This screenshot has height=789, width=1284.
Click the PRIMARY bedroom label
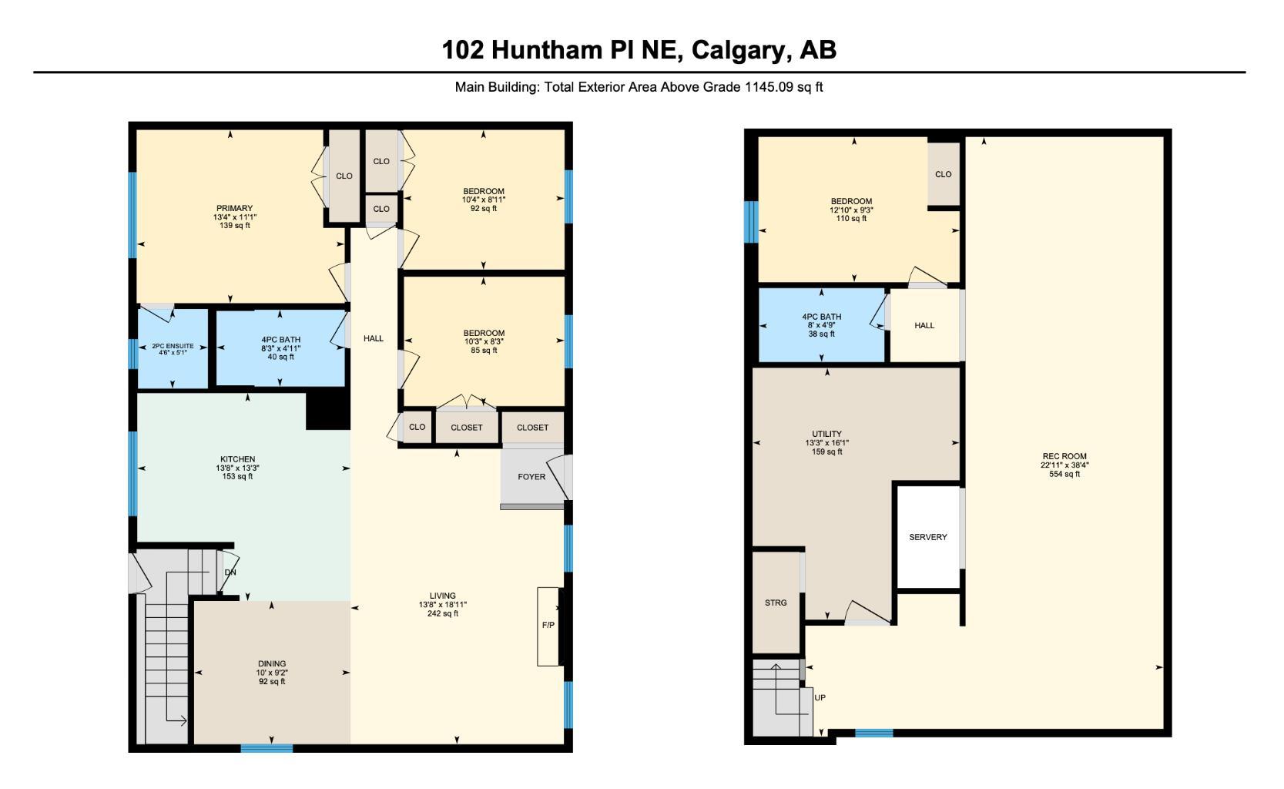(234, 209)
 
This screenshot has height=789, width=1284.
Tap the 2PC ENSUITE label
(173, 347)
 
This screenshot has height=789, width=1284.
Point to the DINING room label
(272, 663)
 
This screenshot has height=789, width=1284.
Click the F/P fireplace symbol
(548, 625)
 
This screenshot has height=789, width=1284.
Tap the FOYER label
(531, 477)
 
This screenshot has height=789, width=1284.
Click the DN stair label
(230, 572)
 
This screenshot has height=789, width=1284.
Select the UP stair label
(820, 697)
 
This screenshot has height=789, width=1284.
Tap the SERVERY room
(928, 537)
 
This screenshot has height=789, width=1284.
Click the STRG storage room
(776, 603)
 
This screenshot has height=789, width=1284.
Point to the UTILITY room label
(826, 434)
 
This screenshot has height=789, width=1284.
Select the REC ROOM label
(1064, 457)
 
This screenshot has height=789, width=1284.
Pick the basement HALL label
(924, 325)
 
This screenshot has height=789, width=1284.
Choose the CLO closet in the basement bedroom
(944, 174)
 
